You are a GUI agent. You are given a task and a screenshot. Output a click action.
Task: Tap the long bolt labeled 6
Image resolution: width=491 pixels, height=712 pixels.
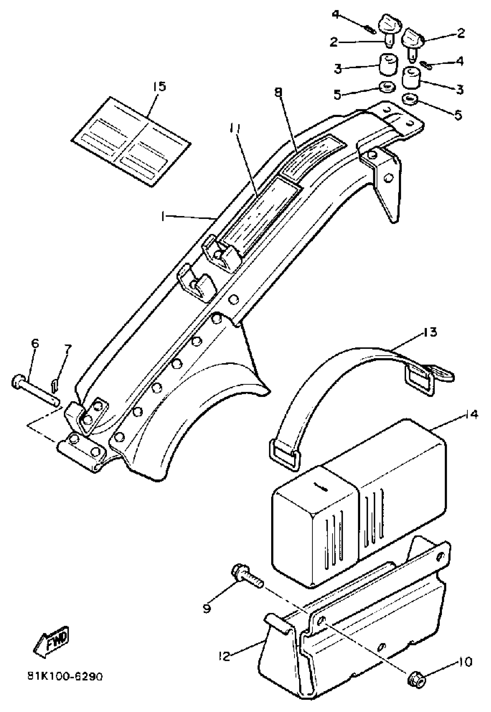34,388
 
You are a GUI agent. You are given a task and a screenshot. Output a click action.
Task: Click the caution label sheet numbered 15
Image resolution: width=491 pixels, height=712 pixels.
131,142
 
